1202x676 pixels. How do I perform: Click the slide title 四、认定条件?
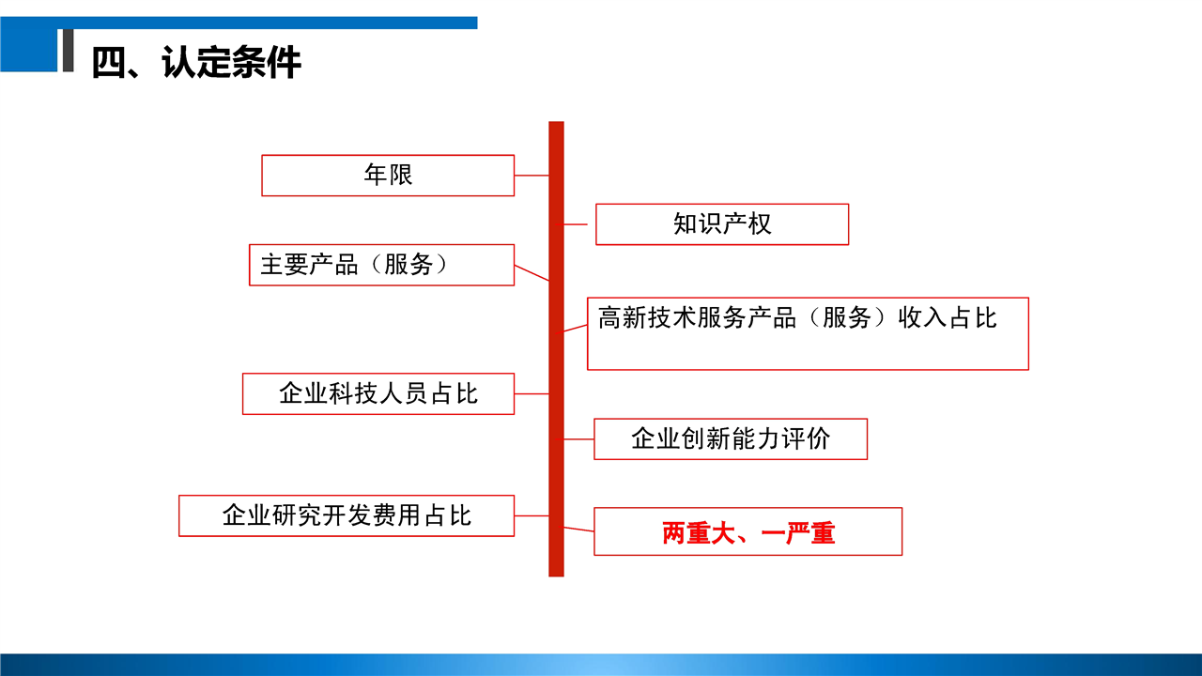coord(196,62)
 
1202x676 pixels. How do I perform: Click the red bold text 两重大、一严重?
coord(748,533)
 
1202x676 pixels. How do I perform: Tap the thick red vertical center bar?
coord(557,348)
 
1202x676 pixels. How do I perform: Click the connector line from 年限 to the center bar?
coord(532,176)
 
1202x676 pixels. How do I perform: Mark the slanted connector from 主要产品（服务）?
coord(532,272)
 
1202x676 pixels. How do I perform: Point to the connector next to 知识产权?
coord(576,224)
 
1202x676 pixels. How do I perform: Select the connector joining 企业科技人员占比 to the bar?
coord(532,393)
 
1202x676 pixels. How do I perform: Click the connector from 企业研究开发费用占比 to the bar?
coord(532,515)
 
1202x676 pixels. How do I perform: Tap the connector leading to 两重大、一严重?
coord(579,530)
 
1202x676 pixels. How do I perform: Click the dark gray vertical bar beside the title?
coord(69,51)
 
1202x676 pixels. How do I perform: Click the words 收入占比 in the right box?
coord(948,317)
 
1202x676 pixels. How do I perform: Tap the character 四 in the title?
coord(109,63)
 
